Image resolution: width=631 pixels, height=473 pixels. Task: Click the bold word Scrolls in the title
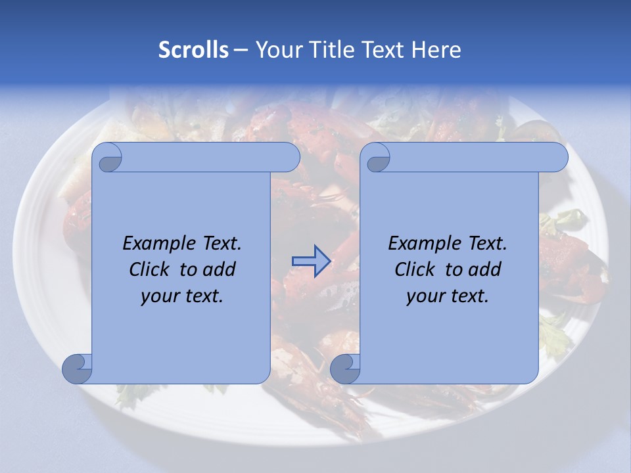tap(194, 50)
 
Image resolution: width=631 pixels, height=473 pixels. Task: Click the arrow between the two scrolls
tap(311, 261)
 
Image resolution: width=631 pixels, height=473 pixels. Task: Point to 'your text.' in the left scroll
tap(182, 296)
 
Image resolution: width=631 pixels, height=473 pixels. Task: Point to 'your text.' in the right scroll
tap(448, 296)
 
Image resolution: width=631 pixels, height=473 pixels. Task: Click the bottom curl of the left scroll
tap(77, 368)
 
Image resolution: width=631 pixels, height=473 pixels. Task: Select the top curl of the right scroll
tap(377, 158)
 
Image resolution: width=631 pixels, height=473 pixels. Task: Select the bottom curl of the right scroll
tap(345, 368)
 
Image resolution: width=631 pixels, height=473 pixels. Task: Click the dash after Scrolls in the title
tap(241, 50)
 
